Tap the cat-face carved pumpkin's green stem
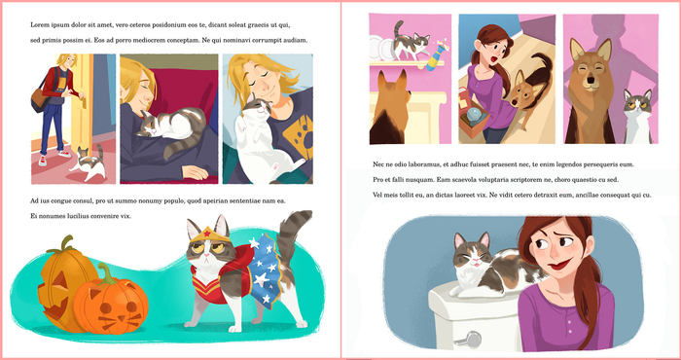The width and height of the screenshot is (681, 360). click(x=103, y=273)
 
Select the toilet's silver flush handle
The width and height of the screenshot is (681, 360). click(x=470, y=340)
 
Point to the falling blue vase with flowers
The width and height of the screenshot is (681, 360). click(x=437, y=54)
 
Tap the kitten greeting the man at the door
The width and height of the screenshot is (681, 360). click(x=89, y=163)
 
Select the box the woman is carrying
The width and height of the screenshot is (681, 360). click(x=474, y=117)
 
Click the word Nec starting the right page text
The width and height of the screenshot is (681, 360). click(x=378, y=164)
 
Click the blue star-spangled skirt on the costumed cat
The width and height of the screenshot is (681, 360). click(x=262, y=270)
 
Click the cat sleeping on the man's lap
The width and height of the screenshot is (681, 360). click(x=171, y=129)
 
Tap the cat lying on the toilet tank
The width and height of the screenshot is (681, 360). click(x=495, y=267)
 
